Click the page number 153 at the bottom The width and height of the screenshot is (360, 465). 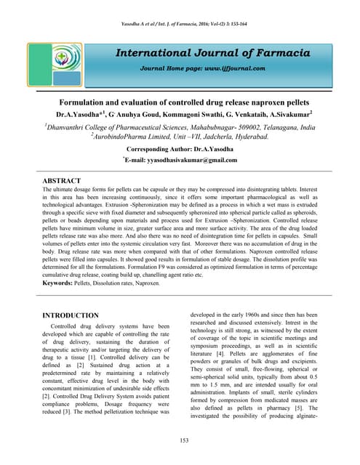click(180, 440)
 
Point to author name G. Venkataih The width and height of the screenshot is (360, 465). click(225, 114)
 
